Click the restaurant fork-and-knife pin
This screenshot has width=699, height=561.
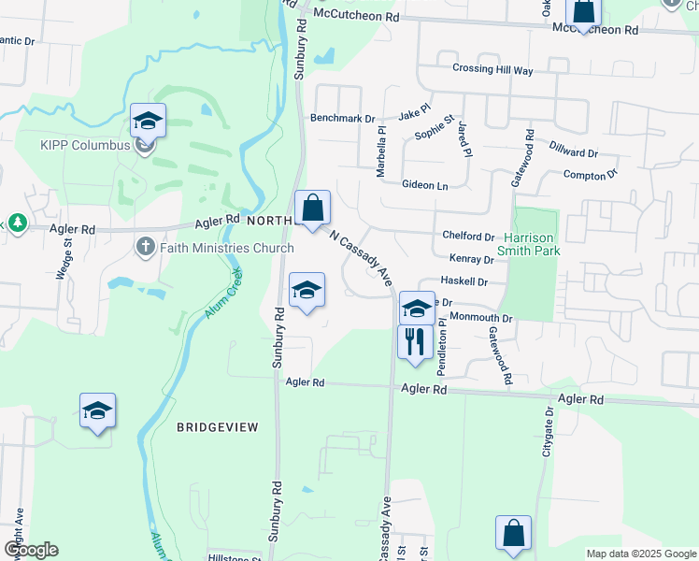coord(413,341)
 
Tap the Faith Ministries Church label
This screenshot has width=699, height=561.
coord(227,248)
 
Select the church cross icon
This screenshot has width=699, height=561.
coord(145,247)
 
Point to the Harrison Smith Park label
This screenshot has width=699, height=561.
coord(531,244)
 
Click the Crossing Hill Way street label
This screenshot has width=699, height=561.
coord(492,70)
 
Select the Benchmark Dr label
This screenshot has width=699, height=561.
coord(342,120)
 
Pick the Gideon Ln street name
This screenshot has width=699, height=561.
coord(425,186)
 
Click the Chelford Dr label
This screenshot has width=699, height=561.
coord(470,237)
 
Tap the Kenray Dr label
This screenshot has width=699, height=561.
coord(471,259)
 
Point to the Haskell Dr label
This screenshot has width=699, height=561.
coord(464,280)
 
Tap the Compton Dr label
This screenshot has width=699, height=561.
coord(591,175)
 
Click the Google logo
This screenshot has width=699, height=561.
coord(31,550)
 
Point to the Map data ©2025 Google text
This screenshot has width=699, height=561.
coord(641,554)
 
